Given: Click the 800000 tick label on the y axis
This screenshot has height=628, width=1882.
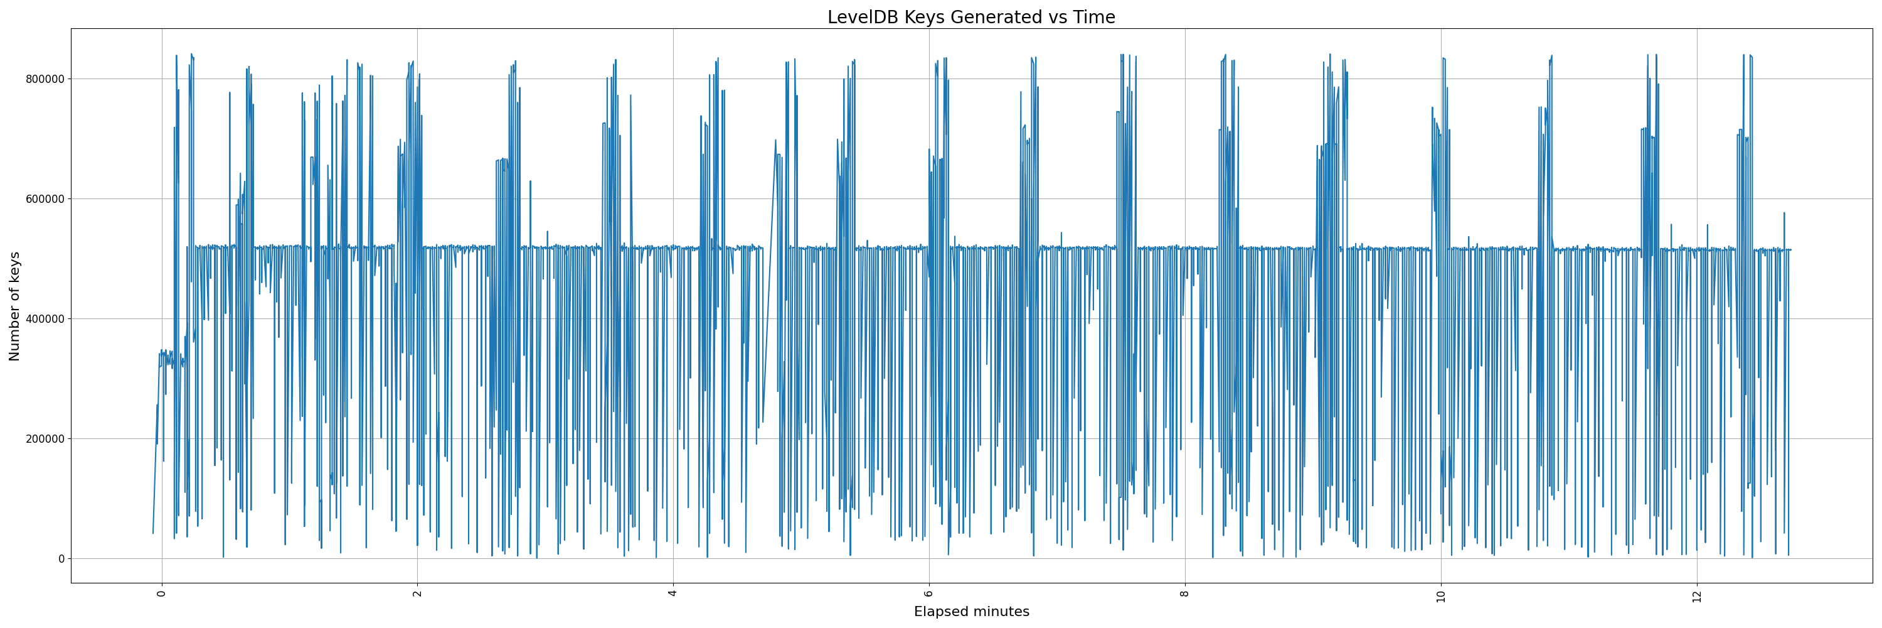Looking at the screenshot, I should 43,79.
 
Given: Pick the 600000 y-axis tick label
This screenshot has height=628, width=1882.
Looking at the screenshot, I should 43,199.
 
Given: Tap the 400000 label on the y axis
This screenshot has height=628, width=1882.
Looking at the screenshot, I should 43,319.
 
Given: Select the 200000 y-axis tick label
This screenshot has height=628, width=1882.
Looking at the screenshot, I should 43,438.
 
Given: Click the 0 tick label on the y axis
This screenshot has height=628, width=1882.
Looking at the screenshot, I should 61,558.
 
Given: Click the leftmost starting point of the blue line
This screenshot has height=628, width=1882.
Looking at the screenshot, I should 152,533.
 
